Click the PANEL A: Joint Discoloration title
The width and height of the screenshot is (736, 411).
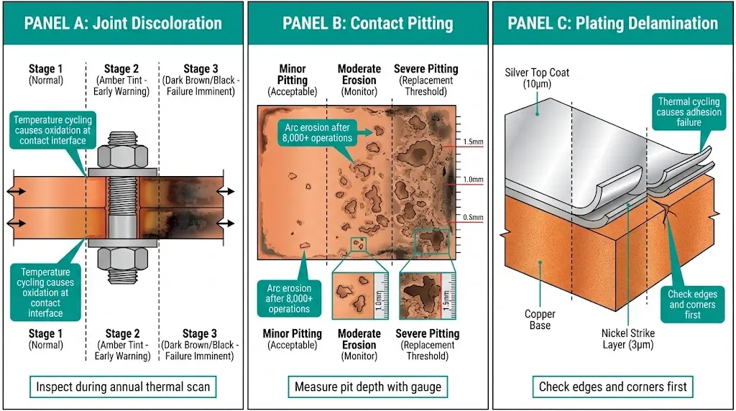[x=123, y=23]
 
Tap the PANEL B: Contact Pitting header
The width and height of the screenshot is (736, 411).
[x=367, y=23]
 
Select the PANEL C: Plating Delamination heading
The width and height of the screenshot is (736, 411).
[x=612, y=23]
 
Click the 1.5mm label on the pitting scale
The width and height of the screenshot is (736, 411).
[x=473, y=142]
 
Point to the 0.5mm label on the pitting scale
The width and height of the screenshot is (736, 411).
[x=473, y=218]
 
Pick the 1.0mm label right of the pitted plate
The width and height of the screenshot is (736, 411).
[x=473, y=180]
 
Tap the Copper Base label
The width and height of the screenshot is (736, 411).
[x=540, y=320]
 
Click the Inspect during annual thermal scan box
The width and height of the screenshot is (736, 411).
[x=123, y=387]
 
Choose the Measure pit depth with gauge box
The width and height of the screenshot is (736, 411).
[x=367, y=387]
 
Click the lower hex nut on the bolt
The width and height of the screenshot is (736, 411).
[x=120, y=257]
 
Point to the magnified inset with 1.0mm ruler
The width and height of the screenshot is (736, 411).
[x=360, y=295]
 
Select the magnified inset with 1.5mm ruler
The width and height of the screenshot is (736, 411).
[x=429, y=295]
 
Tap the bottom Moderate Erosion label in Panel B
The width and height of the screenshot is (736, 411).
[x=359, y=339]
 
